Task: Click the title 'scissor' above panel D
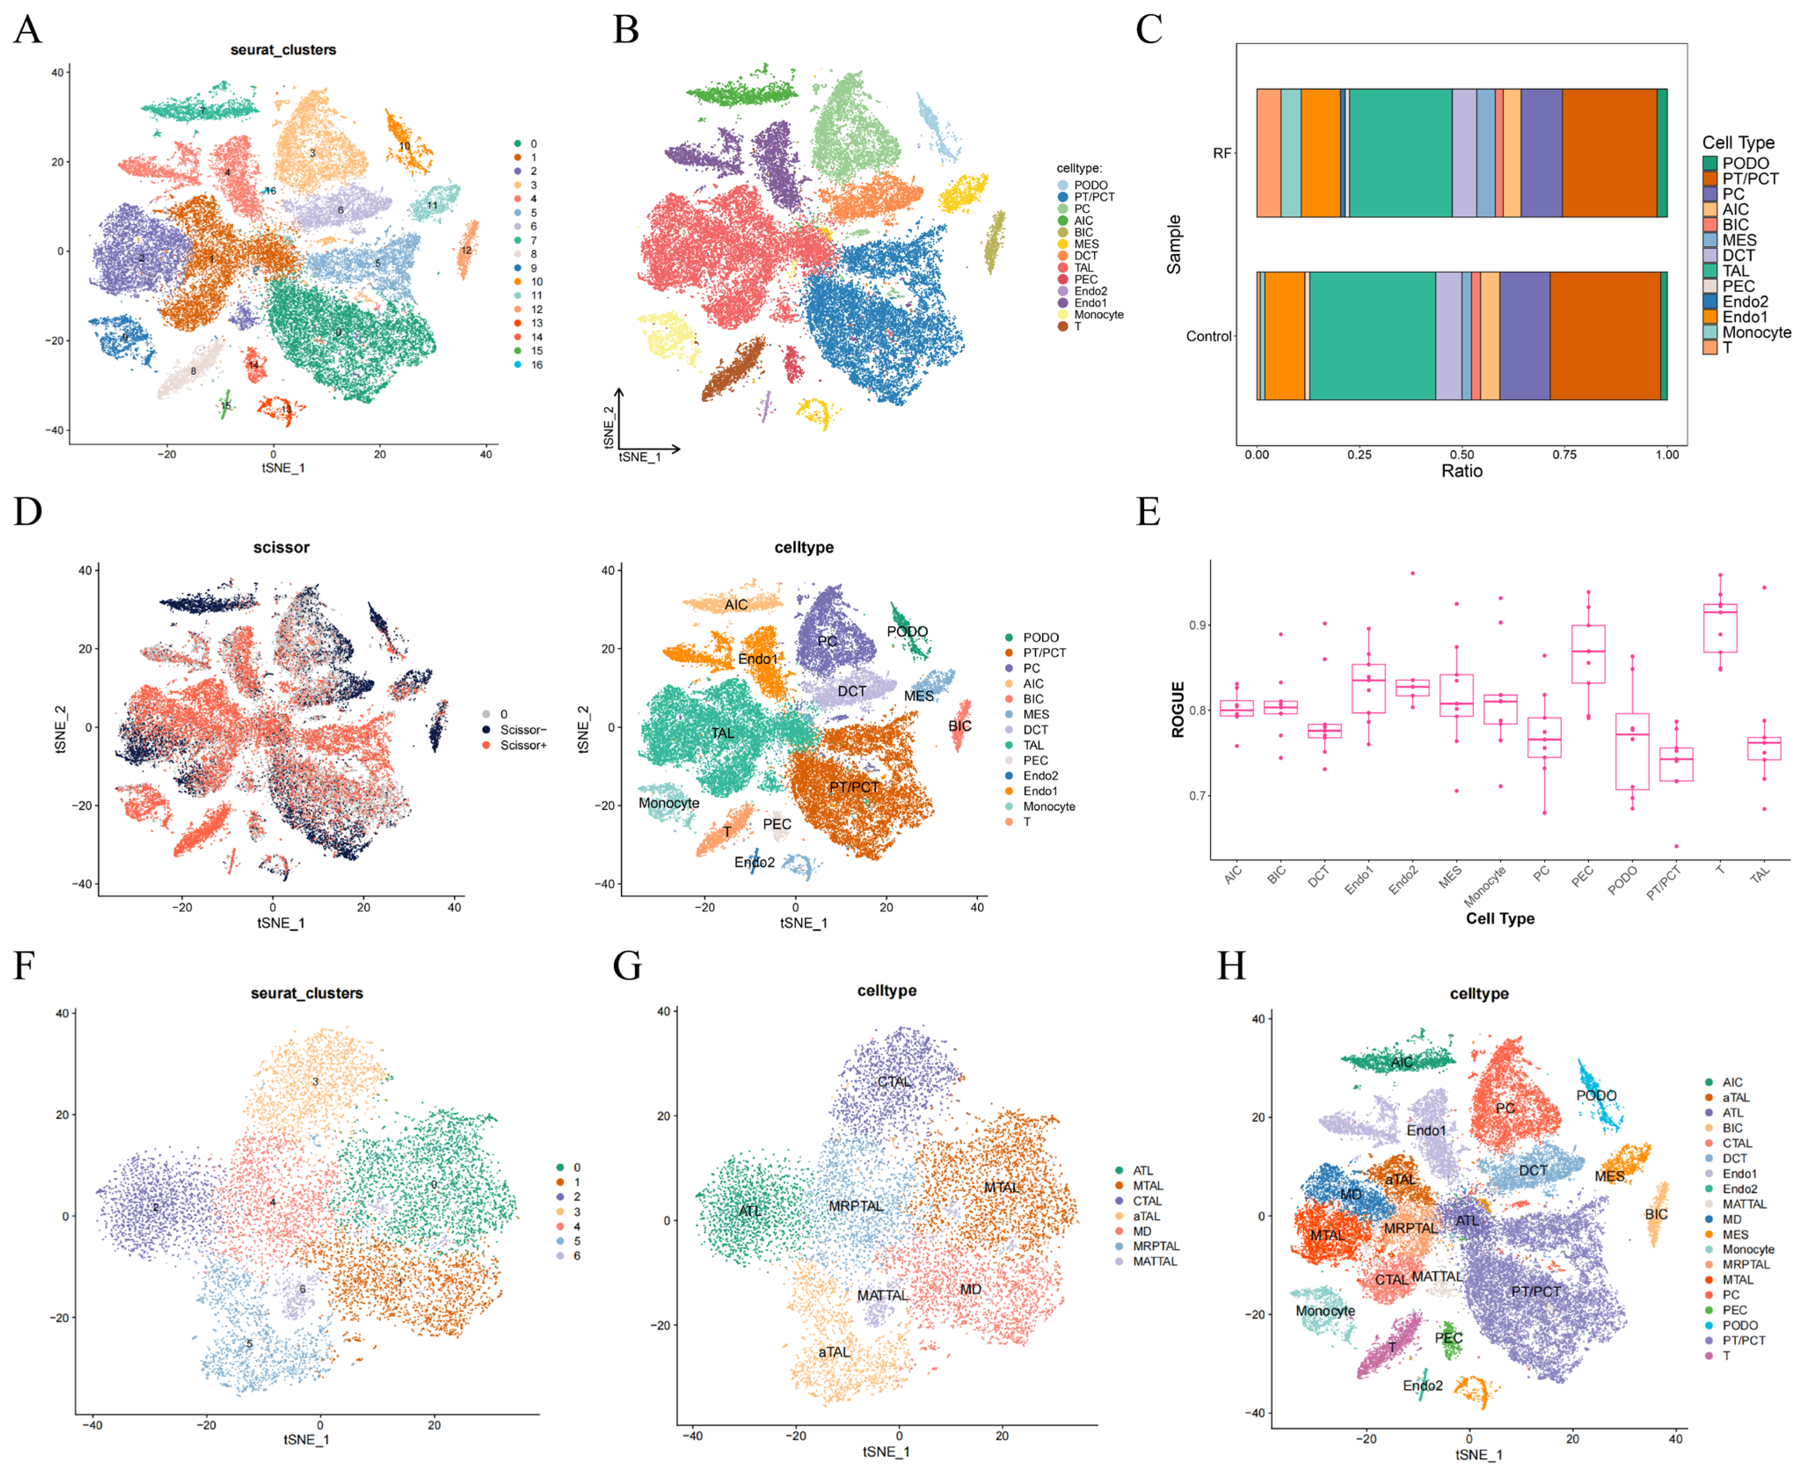click(281, 548)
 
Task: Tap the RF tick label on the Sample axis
click(1221, 154)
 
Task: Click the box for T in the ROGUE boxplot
click(1720, 628)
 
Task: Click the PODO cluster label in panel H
click(1596, 1095)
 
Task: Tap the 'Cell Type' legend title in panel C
click(1737, 142)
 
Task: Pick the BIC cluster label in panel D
click(959, 726)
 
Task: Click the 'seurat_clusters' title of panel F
click(306, 994)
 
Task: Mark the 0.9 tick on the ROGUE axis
click(1197, 626)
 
